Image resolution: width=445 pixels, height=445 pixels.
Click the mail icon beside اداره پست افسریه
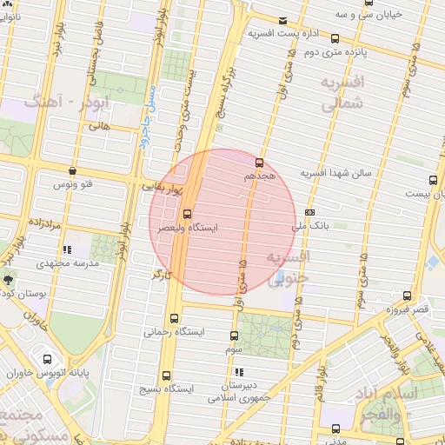282,21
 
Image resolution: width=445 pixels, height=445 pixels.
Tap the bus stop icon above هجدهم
259,163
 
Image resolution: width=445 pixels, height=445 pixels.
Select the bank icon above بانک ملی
310,211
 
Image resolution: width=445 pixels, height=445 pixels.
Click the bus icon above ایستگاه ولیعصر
188,214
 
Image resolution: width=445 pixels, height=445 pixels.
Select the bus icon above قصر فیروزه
407,296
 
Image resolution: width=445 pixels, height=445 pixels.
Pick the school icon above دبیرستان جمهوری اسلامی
239,373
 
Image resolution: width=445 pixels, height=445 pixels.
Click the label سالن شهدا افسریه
335,173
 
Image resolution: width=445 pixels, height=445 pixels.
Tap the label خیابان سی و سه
348,15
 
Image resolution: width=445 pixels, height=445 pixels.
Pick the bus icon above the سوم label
235,335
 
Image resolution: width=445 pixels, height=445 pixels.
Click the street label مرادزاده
42,223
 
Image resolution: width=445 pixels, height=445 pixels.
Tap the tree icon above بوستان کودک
9,280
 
